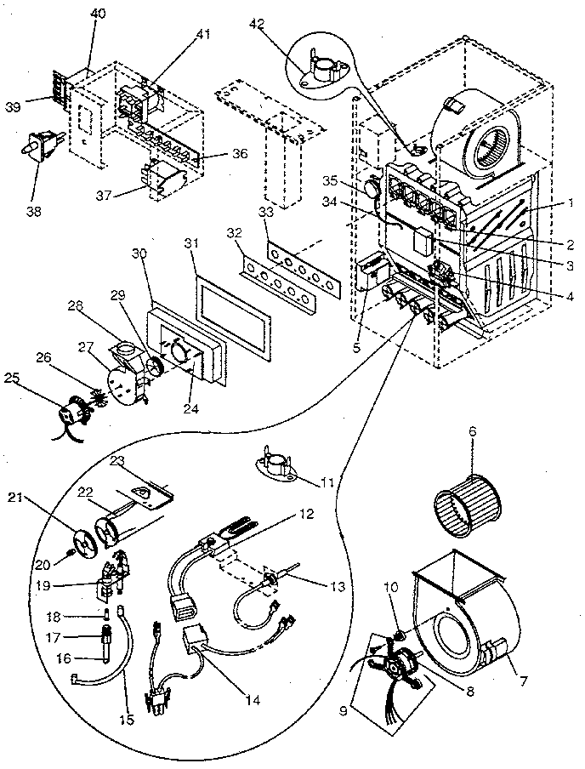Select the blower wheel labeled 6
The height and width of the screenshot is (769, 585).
pyautogui.click(x=463, y=496)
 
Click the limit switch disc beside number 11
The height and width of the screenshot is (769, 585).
pyautogui.click(x=276, y=464)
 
